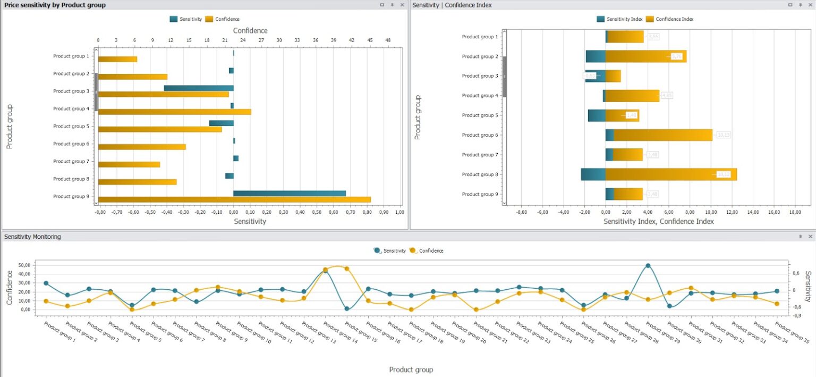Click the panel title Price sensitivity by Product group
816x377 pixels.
point(55,5)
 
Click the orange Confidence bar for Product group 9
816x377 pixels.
point(234,200)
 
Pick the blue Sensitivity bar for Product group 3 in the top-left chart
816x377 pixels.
point(199,88)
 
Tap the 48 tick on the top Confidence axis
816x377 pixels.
point(388,40)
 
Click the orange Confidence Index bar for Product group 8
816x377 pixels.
point(670,174)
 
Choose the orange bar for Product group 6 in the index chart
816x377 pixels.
point(662,135)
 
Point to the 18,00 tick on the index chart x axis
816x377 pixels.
point(795,212)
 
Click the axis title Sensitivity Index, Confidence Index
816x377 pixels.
point(658,221)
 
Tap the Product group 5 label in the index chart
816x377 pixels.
point(479,115)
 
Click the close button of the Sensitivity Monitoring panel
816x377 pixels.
point(810,237)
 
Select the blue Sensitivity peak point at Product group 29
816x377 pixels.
point(648,266)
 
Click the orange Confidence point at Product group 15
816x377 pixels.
point(347,269)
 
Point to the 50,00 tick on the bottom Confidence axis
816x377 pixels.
point(24,265)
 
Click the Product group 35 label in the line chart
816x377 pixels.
point(792,332)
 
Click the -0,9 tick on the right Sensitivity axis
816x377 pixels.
point(795,315)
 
